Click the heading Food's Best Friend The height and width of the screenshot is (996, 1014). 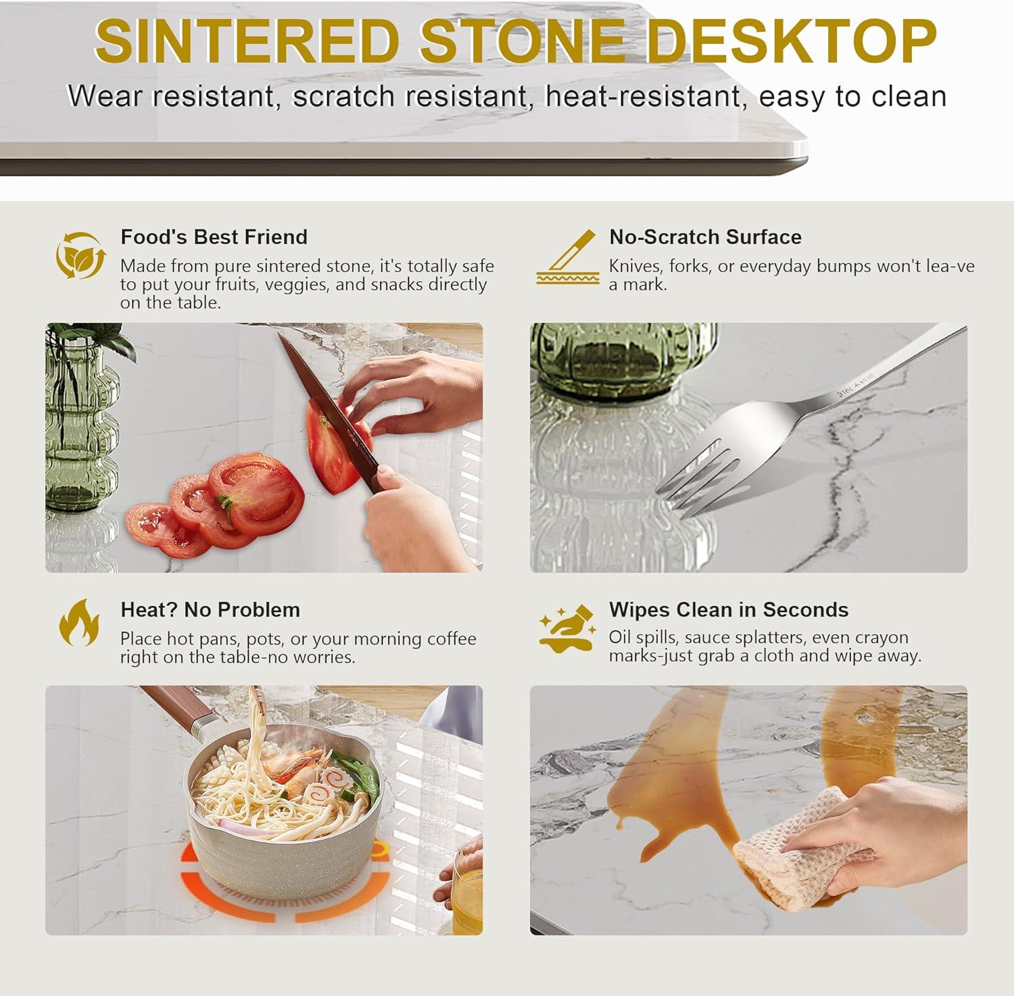(214, 237)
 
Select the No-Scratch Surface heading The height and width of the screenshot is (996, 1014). (705, 237)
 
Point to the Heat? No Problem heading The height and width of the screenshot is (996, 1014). (210, 609)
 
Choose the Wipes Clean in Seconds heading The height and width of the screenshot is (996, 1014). (729, 609)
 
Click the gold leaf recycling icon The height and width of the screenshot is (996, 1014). (80, 255)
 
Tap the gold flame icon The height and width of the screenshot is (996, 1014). (80, 622)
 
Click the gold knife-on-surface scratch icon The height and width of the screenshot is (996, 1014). (568, 257)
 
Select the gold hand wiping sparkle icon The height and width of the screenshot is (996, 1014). (566, 629)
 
